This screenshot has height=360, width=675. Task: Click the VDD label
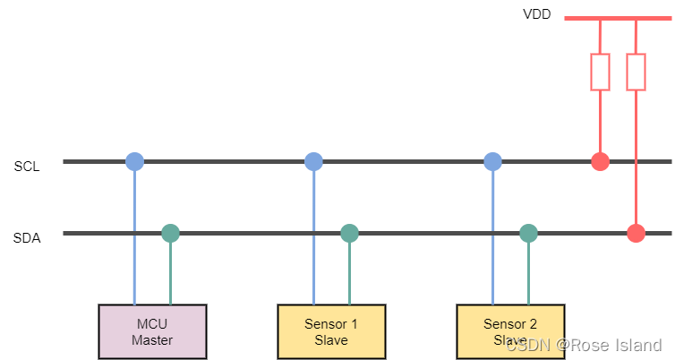[537, 15]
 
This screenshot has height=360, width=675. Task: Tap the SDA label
[26, 238]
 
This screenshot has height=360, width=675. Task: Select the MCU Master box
[152, 331]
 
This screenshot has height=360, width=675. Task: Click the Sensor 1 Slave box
[331, 331]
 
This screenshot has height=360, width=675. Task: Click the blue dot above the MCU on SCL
[134, 162]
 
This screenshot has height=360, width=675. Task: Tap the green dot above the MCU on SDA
[170, 234]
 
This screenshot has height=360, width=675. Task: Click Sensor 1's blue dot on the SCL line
[313, 162]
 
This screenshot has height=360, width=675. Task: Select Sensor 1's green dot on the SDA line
[349, 234]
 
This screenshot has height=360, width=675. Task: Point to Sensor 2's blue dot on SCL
[492, 162]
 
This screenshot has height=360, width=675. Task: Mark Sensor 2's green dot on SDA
[528, 234]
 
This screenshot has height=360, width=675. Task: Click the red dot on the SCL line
[600, 162]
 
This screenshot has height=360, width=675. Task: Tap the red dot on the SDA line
[636, 234]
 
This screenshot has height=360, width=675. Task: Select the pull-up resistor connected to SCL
[600, 72]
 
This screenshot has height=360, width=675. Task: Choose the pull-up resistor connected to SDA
[636, 72]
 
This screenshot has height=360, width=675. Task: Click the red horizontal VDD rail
[618, 18]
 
